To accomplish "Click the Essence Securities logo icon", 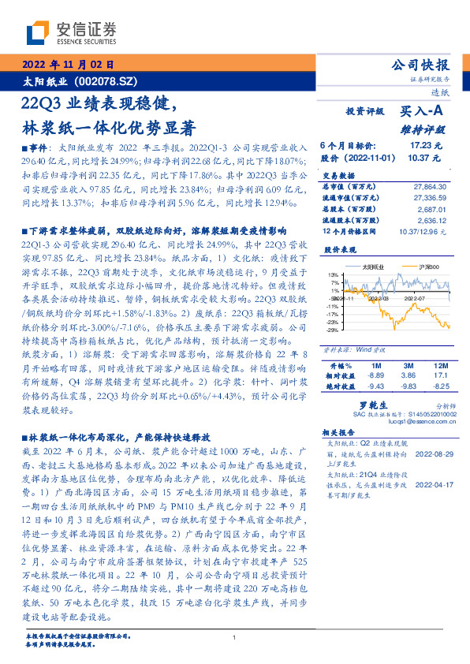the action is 38,32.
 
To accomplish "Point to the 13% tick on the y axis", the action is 334,274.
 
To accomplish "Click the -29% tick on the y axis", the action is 333,330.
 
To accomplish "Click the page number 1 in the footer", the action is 235,637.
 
